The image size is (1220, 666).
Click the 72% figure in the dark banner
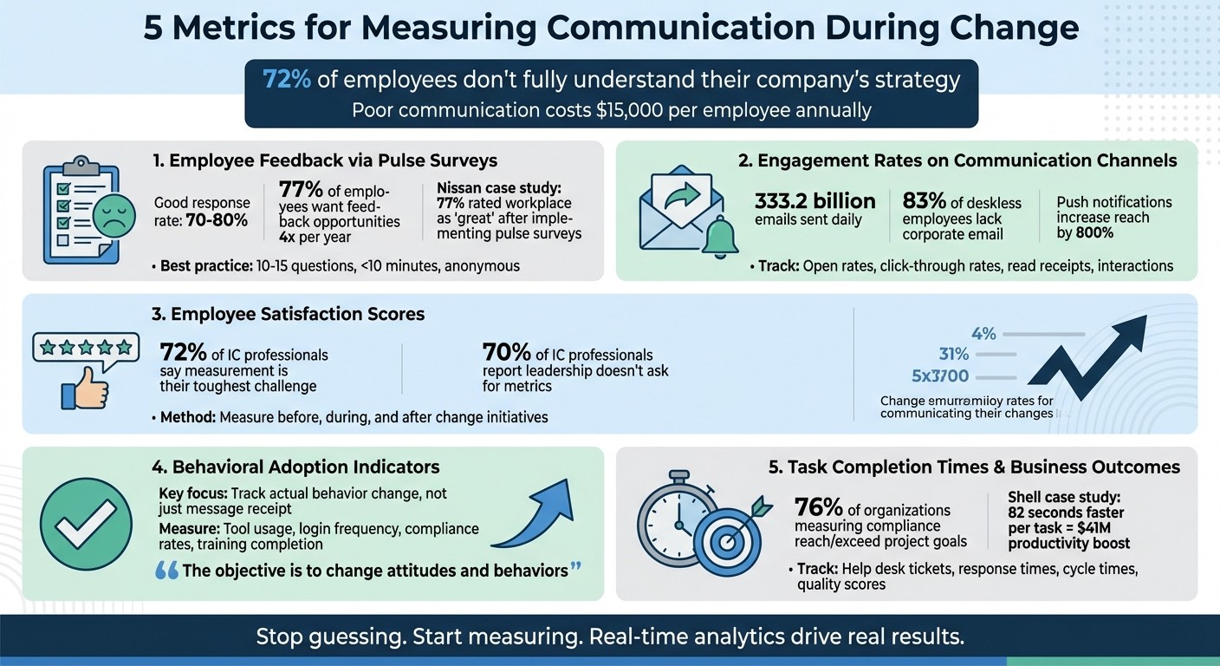287,80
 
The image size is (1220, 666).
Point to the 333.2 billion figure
815,201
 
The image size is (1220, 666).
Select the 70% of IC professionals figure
507,354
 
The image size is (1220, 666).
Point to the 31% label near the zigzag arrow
953,354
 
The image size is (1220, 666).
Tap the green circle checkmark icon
79,524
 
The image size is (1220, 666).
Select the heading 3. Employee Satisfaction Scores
288,314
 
